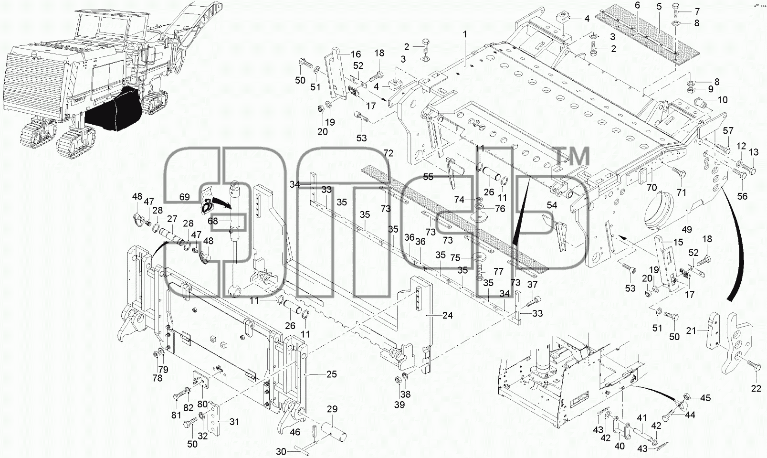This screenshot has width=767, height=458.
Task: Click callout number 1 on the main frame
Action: point(465,34)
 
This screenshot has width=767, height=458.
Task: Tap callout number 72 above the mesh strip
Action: point(388,153)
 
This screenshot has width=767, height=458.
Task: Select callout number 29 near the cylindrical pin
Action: point(332,409)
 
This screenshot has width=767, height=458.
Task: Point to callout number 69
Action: point(185,197)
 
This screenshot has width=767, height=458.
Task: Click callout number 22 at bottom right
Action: point(756,388)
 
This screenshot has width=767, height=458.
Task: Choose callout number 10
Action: point(723,100)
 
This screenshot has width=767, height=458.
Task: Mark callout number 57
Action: point(728,130)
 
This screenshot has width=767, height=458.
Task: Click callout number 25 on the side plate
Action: point(331,374)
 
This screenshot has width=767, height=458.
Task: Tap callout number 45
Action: point(705,398)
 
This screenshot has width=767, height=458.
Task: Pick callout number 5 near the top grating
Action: point(659,7)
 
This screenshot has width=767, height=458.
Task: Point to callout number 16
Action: point(356,54)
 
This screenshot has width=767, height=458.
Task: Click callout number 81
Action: point(176,415)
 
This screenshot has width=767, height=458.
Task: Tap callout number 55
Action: point(428,177)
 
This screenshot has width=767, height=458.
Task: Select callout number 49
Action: point(687,230)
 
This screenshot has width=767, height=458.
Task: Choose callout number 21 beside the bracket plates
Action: point(692,330)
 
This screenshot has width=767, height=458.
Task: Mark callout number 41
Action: point(641,418)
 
